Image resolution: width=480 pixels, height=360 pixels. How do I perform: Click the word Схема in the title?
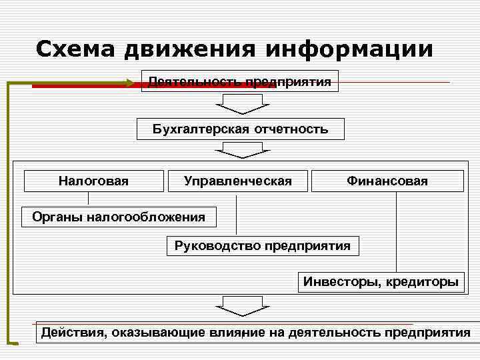(x=74, y=49)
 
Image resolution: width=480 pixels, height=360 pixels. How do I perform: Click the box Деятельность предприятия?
(x=240, y=81)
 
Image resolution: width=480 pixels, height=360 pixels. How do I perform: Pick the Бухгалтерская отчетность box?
(x=240, y=129)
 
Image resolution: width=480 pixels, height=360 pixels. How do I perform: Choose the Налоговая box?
(x=93, y=181)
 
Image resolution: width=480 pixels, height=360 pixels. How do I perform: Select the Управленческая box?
(x=238, y=181)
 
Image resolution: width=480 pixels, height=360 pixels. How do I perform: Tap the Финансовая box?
(x=387, y=181)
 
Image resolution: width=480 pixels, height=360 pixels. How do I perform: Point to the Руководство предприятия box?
(x=262, y=245)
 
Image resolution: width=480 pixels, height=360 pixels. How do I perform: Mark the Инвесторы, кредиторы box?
(x=381, y=281)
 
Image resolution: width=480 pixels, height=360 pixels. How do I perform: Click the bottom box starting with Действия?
(x=255, y=332)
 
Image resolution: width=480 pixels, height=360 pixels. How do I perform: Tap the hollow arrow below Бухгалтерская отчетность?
(x=241, y=150)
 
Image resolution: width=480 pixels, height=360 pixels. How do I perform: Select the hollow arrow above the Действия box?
(x=241, y=306)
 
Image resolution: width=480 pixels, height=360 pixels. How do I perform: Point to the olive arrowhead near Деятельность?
(x=129, y=83)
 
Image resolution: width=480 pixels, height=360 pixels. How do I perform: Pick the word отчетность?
(x=291, y=129)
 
